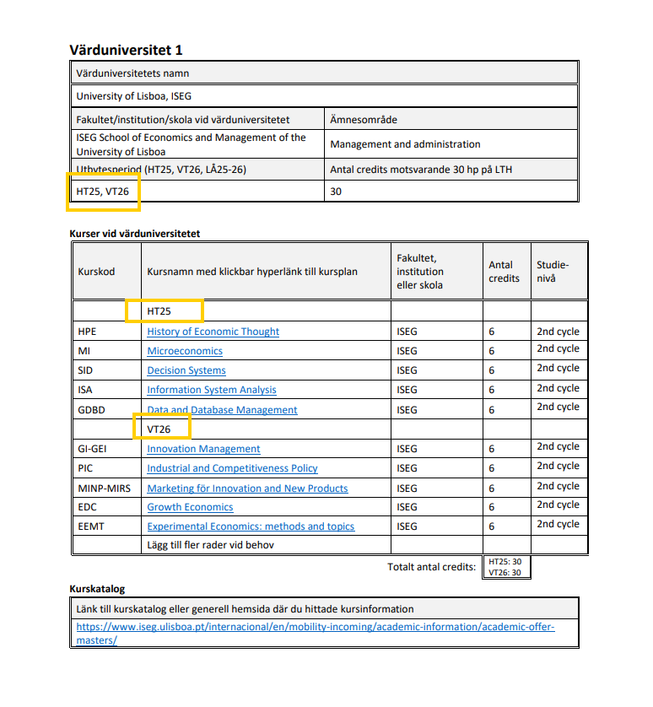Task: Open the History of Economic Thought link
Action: click(x=213, y=332)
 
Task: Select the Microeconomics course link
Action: click(x=185, y=351)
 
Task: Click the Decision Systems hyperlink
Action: click(x=186, y=370)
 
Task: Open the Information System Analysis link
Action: click(x=212, y=390)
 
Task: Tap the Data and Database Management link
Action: click(x=222, y=410)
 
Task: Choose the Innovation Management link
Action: click(x=203, y=449)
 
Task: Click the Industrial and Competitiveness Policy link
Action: click(x=232, y=468)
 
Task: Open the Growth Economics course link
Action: click(x=190, y=507)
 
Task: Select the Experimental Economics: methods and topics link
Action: click(x=251, y=526)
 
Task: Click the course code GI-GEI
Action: click(x=92, y=449)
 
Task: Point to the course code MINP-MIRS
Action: click(x=104, y=488)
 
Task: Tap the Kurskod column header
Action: click(x=96, y=272)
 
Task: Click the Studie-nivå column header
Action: click(x=553, y=272)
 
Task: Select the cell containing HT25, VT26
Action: click(x=103, y=192)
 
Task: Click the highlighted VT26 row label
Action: click(x=159, y=429)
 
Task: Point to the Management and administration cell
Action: click(x=405, y=144)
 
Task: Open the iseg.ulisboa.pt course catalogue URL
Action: click(x=316, y=633)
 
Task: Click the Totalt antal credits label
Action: click(x=431, y=567)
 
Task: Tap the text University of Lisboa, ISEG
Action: click(x=133, y=96)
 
